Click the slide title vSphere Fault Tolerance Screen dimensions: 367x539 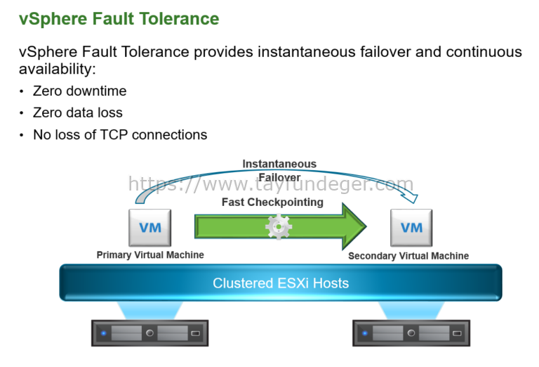[x=119, y=18]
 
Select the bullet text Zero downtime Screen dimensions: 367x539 [x=79, y=91]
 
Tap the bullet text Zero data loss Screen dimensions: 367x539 [x=77, y=112]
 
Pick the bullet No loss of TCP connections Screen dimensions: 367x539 [x=120, y=134]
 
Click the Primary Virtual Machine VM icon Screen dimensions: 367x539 [x=150, y=228]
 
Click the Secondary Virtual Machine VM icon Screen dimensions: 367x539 [x=411, y=228]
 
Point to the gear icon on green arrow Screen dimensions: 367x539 [x=278, y=226]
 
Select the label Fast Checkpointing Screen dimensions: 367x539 [x=272, y=202]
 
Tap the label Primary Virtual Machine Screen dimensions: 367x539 [x=150, y=255]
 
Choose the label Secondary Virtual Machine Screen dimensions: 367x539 [x=408, y=256]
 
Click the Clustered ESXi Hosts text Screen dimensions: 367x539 [x=281, y=283]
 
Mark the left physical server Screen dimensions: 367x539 [x=149, y=333]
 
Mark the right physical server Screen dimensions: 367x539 [x=411, y=333]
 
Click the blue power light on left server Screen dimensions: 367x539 [x=104, y=333]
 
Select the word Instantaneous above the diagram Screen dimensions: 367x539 [x=279, y=164]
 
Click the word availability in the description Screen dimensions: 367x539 [x=55, y=69]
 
